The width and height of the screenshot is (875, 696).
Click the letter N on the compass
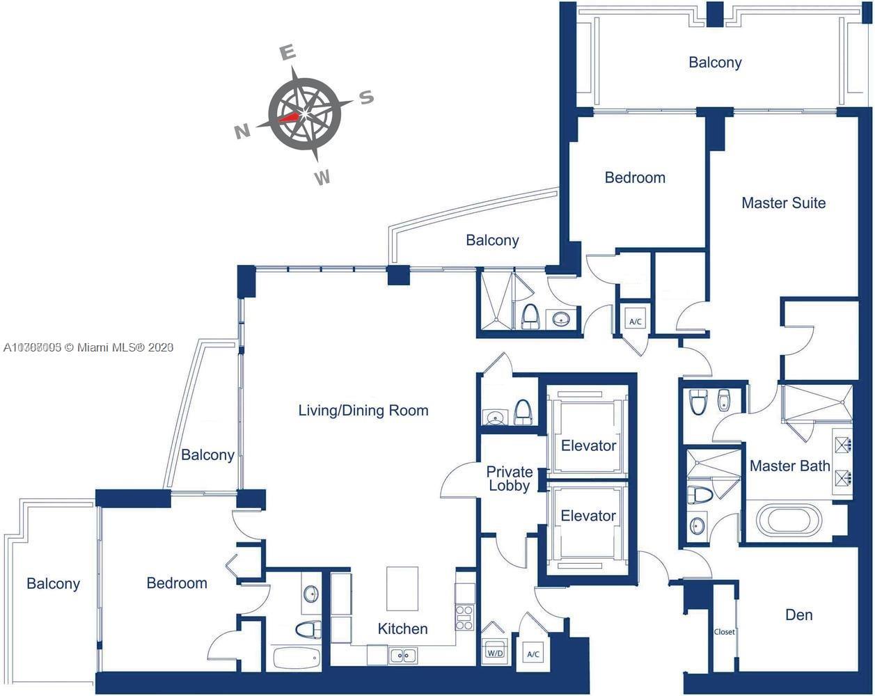242,132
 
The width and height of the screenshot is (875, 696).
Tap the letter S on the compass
367,97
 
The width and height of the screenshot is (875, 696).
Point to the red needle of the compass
290,117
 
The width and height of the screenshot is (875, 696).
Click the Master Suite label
783,203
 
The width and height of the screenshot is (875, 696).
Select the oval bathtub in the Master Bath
783,520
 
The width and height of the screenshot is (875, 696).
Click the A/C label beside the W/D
533,654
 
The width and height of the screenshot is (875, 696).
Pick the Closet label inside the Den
724,632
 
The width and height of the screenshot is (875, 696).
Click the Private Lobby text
510,479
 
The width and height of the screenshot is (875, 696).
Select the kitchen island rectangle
402,588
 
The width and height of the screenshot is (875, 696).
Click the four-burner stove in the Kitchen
464,617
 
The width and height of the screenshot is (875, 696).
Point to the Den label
798,615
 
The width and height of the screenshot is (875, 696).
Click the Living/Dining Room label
363,410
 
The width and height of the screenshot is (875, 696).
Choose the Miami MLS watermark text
88,347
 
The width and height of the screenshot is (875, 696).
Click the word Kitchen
402,628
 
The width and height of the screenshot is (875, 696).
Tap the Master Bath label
789,466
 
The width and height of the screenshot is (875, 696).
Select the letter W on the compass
322,178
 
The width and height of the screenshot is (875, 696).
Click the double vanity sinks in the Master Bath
842,460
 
